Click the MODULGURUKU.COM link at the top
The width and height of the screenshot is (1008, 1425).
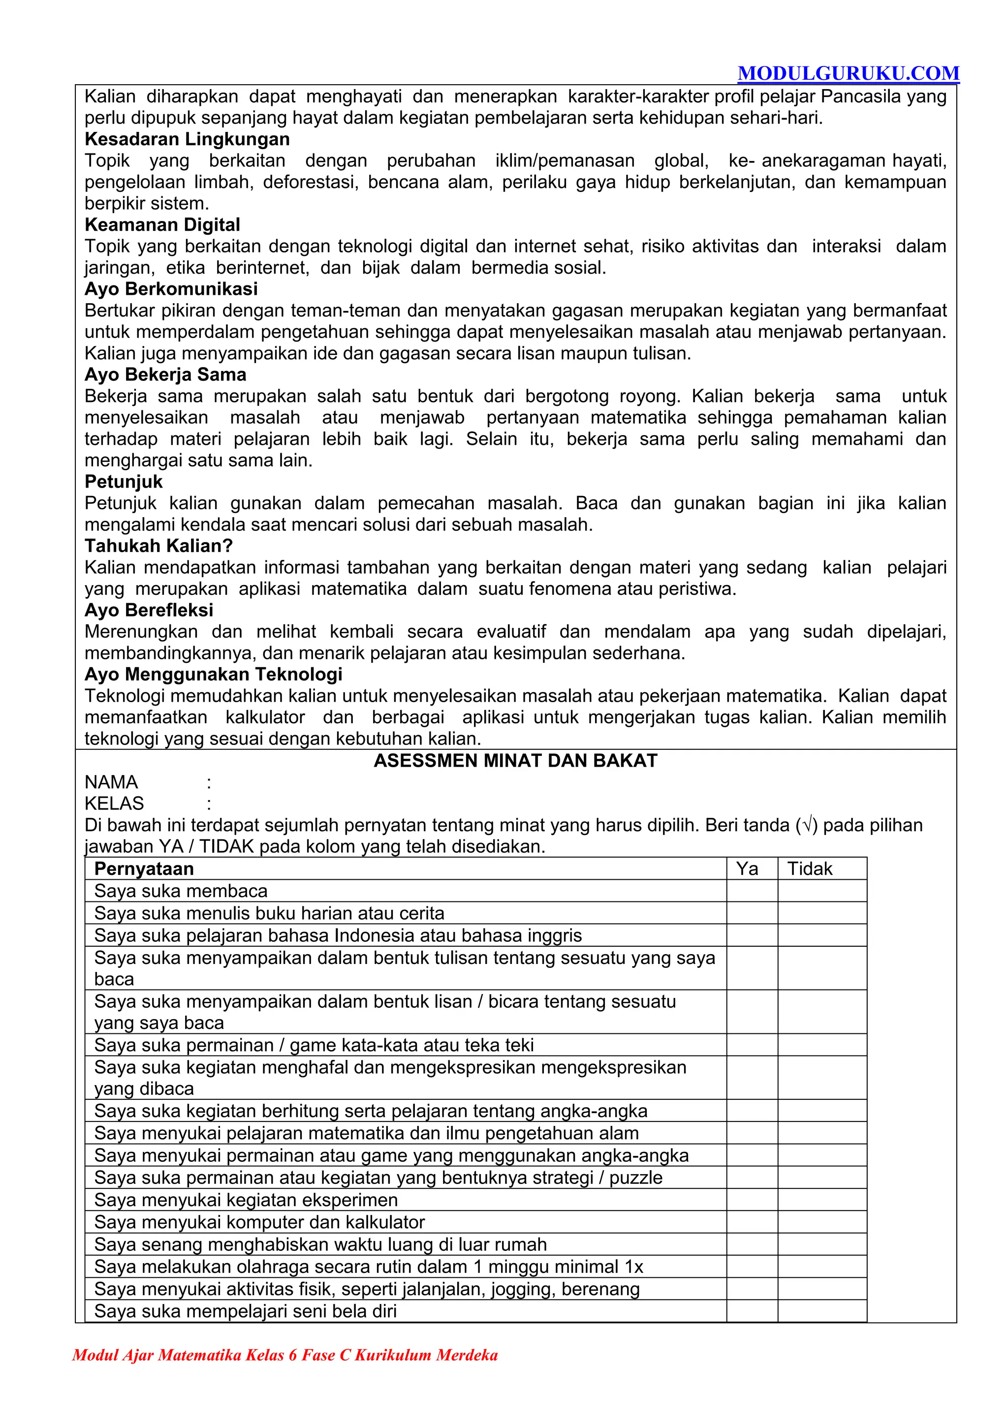[x=848, y=73]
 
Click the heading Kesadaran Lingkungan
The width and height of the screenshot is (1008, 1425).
[x=187, y=139]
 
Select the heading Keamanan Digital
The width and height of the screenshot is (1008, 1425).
[x=162, y=225]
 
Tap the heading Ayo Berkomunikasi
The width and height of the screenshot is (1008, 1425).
[x=171, y=289]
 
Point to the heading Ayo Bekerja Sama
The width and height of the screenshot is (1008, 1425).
[x=165, y=374]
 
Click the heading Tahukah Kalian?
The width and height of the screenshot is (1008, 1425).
[x=158, y=546]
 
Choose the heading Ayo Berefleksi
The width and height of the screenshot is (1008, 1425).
[x=149, y=610]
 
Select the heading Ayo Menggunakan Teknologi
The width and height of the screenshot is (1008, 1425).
[x=214, y=674]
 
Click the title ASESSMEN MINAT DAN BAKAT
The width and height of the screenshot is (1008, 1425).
[x=515, y=760]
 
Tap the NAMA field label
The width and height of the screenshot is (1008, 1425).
[x=112, y=782]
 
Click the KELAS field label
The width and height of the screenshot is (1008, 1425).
[x=114, y=803]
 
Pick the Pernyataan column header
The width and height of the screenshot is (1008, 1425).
[x=144, y=868]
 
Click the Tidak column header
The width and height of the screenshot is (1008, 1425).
[x=809, y=868]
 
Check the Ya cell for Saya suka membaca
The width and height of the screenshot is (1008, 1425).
[x=752, y=891]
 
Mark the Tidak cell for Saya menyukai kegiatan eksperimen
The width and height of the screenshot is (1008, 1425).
[x=822, y=1200]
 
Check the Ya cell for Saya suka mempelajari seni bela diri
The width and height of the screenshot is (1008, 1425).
[x=752, y=1311]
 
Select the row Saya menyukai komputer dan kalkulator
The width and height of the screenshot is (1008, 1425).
[x=259, y=1222]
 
